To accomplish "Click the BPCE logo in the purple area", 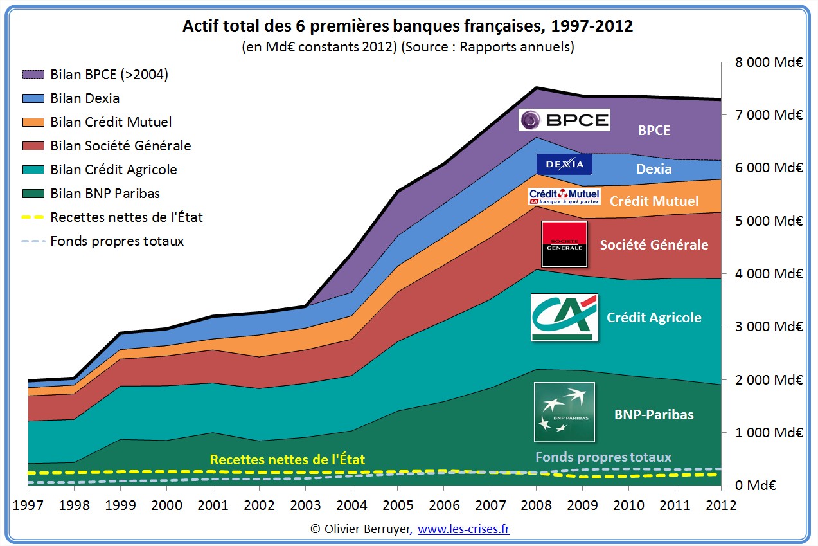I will [564, 120].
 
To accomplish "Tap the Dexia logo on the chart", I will [564, 164].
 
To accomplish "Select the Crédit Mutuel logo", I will [564, 196].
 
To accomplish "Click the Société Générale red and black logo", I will [564, 244].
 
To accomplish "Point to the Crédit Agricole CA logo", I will [564, 317].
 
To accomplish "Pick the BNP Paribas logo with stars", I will [564, 412].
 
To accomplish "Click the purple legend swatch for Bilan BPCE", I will [33, 75].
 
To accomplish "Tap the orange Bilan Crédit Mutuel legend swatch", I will [33, 122].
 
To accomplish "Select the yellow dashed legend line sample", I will [33, 217].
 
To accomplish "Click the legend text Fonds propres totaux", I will [117, 241].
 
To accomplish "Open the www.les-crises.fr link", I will [463, 529].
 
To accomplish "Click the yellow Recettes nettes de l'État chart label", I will [287, 460].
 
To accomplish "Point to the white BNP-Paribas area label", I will [654, 415].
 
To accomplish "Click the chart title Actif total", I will [407, 26].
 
